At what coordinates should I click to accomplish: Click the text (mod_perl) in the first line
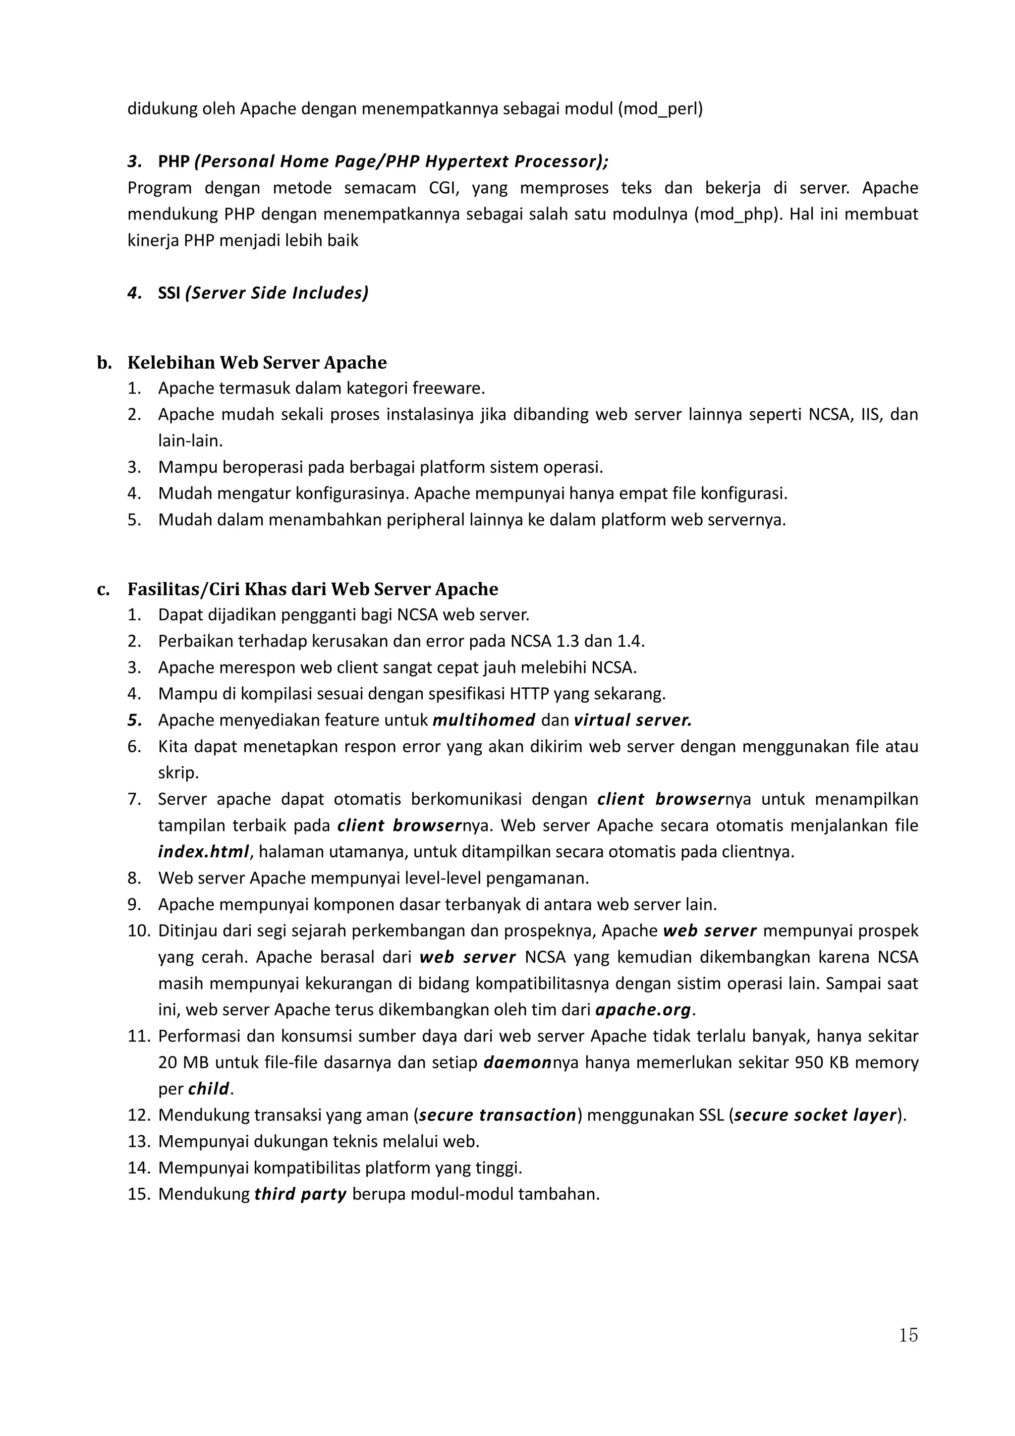[x=661, y=109]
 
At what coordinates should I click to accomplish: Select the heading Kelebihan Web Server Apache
[x=257, y=363]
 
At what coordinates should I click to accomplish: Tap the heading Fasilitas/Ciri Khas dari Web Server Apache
[x=313, y=589]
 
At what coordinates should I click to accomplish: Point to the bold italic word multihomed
[x=483, y=720]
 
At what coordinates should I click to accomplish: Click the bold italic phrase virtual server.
[x=633, y=720]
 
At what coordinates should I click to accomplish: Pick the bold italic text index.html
[x=203, y=852]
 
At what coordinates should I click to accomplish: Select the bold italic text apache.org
[x=643, y=1009]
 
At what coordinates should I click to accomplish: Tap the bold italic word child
[x=209, y=1089]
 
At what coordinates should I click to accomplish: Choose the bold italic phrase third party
[x=300, y=1194]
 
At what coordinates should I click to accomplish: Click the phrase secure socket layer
[x=815, y=1115]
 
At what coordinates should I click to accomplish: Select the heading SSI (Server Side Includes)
[x=263, y=293]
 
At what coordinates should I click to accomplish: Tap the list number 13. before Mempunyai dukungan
[x=139, y=1142]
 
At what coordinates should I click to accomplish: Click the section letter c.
[x=103, y=589]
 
